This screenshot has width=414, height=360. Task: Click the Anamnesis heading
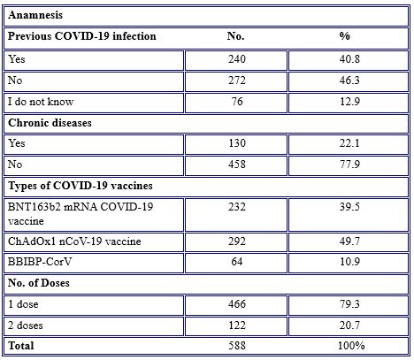tap(35, 15)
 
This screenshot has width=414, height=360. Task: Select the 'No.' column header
tap(235, 36)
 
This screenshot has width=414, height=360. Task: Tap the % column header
tap(344, 36)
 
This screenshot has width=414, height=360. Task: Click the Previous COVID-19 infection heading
tap(82, 36)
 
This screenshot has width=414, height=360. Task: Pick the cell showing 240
tap(237, 59)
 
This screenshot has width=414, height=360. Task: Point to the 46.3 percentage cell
tap(349, 80)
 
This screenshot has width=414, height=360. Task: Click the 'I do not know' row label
tap(41, 102)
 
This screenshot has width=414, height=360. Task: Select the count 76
tap(237, 102)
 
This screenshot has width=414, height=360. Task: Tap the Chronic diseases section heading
tap(50, 123)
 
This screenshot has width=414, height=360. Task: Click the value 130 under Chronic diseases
tap(237, 143)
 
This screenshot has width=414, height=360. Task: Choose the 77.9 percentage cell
tap(349, 165)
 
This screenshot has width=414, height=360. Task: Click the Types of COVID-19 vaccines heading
tap(80, 186)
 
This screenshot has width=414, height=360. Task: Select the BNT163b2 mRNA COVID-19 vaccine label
tap(80, 214)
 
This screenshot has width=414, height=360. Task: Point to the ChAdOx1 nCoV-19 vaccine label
tap(74, 241)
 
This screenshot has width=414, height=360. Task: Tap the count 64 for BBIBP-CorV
tap(237, 262)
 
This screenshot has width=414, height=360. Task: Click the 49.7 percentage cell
tap(349, 241)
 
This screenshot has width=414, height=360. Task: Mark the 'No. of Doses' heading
tap(39, 283)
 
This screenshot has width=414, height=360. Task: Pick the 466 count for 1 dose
tap(237, 304)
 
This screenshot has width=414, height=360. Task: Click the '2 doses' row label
tap(26, 326)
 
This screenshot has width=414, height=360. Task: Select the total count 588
tap(237, 346)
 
